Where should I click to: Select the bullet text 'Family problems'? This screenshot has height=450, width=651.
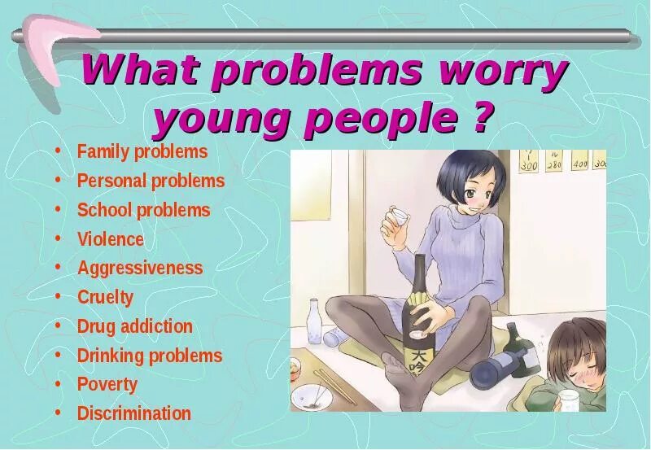tap(142, 152)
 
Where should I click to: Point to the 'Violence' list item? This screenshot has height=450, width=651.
tap(111, 239)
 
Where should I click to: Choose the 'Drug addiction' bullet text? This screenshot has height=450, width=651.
tap(135, 326)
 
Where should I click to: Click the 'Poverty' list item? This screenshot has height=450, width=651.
tap(107, 384)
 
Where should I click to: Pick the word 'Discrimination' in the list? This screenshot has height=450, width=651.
tap(134, 413)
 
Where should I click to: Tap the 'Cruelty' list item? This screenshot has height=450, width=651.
tap(105, 297)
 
